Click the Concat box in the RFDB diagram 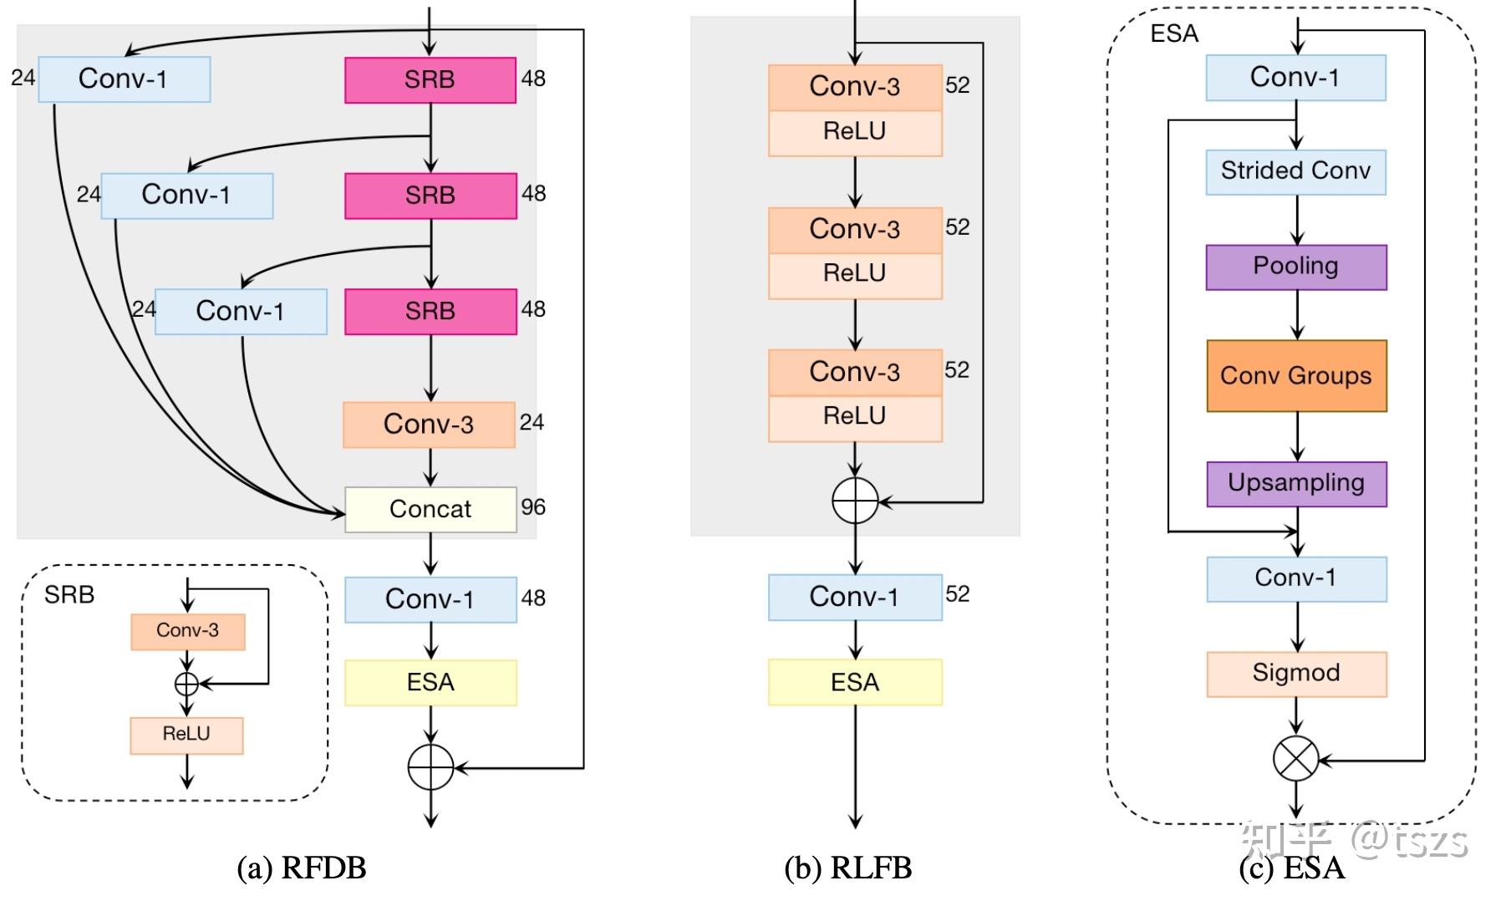coord(430,509)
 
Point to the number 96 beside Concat coord(533,507)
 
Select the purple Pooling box coord(1296,267)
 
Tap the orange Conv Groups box coord(1296,375)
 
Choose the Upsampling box coord(1296,483)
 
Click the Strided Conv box coord(1296,171)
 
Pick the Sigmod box coord(1296,674)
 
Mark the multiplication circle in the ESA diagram coord(1295,759)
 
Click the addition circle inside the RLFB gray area coord(855,501)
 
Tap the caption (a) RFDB coord(302,868)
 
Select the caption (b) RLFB coord(847,868)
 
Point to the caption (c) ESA coord(1292,868)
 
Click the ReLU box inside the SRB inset coord(186,735)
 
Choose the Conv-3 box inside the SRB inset coord(187,631)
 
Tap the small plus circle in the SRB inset coord(186,684)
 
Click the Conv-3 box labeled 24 coord(429,425)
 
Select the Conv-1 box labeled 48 coord(430,599)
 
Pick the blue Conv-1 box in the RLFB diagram coord(855,597)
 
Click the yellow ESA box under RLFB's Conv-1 coord(855,682)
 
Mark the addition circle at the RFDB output coord(430,766)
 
